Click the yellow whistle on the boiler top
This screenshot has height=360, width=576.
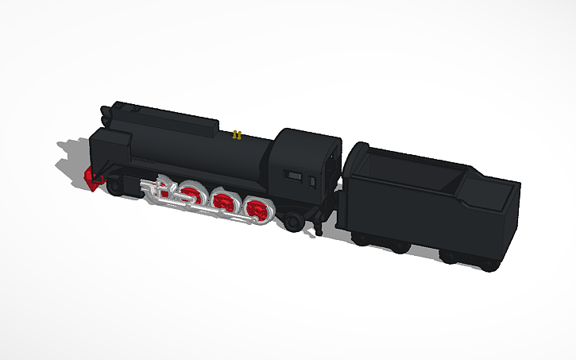tap(236, 134)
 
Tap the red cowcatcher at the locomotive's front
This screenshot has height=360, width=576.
tap(94, 179)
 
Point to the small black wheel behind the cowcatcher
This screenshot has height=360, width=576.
tap(116, 188)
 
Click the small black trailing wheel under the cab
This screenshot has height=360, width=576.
tap(295, 221)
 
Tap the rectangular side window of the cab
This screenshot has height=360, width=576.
tap(294, 174)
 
